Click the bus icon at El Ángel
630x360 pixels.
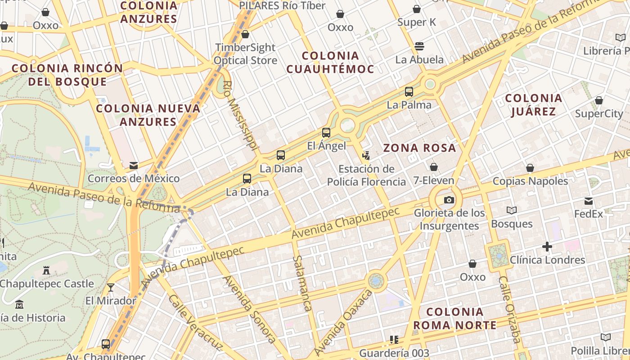pyautogui.click(x=326, y=133)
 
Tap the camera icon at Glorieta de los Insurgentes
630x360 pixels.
pyautogui.click(x=449, y=200)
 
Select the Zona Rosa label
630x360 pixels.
pyautogui.click(x=419, y=148)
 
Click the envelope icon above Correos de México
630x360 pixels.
pyautogui.click(x=134, y=166)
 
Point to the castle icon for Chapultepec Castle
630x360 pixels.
pyautogui.click(x=46, y=270)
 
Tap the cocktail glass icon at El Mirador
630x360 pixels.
pyautogui.click(x=111, y=288)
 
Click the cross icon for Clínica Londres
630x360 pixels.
pyautogui.click(x=547, y=247)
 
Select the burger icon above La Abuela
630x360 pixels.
pyautogui.click(x=419, y=46)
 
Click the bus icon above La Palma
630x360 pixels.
pyautogui.click(x=409, y=92)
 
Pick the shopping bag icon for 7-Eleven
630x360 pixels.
pyautogui.click(x=434, y=167)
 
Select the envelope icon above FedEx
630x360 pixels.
pyautogui.click(x=589, y=201)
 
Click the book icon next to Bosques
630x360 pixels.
pyautogui.click(x=512, y=210)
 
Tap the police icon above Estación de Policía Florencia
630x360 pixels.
pyautogui.click(x=366, y=156)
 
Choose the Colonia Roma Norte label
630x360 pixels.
pyautogui.click(x=454, y=318)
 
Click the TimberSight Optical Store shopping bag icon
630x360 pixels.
pyautogui.click(x=245, y=34)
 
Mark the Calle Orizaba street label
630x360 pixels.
pyautogui.click(x=510, y=310)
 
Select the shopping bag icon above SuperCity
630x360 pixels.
pyautogui.click(x=598, y=100)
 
